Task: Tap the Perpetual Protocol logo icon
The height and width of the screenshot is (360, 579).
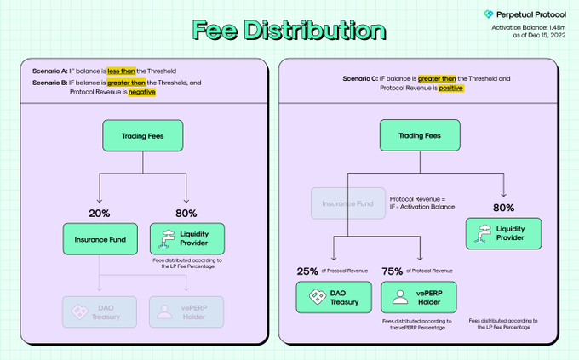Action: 489,14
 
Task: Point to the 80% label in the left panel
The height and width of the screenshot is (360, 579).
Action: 186,213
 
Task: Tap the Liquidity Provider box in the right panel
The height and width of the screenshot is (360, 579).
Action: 503,232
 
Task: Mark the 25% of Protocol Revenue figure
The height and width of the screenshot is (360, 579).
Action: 307,271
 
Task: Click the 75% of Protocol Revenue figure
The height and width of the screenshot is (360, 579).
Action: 393,271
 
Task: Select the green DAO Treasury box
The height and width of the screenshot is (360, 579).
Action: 333,298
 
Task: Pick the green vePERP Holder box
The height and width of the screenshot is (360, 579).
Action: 420,298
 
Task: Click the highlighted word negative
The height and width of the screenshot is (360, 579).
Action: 141,92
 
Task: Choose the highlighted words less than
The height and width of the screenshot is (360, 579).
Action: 123,70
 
